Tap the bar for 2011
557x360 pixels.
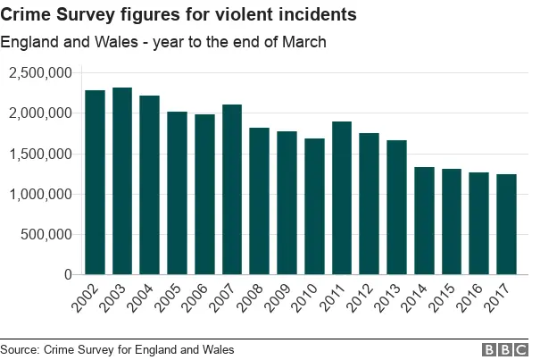pyautogui.click(x=342, y=198)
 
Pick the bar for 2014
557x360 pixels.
pyautogui.click(x=424, y=221)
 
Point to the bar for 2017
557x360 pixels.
pyautogui.click(x=506, y=224)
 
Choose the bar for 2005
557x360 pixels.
pyautogui.click(x=178, y=193)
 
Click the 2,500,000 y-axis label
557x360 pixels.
pyautogui.click(x=40, y=72)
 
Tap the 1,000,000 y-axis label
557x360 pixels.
pyautogui.click(x=40, y=194)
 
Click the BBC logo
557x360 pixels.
pyautogui.click(x=505, y=349)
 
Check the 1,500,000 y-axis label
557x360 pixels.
pyautogui.click(x=40, y=154)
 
